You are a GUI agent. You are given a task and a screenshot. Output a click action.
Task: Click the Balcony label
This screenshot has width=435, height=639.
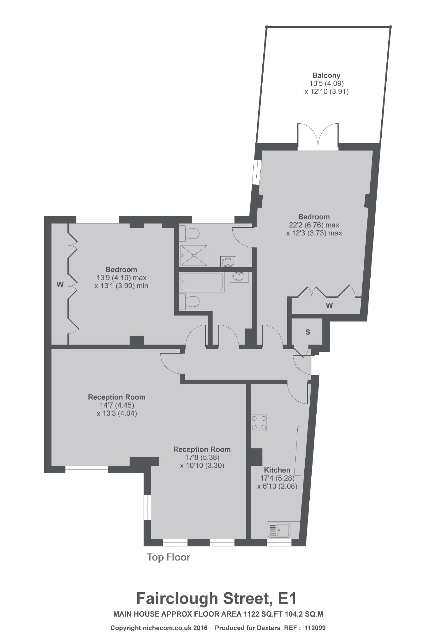326,75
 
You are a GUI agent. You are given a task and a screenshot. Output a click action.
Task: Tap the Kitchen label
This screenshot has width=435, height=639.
277,470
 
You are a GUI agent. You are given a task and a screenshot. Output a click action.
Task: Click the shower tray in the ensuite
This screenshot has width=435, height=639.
194,256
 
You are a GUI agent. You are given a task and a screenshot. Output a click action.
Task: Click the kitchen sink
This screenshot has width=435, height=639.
279,530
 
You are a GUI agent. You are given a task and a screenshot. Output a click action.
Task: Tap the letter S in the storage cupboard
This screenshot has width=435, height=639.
308,332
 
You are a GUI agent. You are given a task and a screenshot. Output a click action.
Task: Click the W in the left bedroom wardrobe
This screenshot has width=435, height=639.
60,284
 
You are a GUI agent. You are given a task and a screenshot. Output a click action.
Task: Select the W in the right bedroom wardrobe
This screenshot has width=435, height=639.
329,305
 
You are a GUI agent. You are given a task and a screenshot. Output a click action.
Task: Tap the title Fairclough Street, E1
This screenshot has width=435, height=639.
217,598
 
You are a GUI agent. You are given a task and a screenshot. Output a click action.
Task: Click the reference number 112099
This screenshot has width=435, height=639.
315,628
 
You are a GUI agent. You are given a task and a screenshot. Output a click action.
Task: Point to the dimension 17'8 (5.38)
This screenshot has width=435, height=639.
202,457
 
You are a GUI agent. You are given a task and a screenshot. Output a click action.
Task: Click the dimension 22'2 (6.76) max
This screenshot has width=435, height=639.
314,225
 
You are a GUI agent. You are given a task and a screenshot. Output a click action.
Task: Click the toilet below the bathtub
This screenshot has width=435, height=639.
189,301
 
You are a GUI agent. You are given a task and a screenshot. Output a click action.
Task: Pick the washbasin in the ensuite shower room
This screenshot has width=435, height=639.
228,262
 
